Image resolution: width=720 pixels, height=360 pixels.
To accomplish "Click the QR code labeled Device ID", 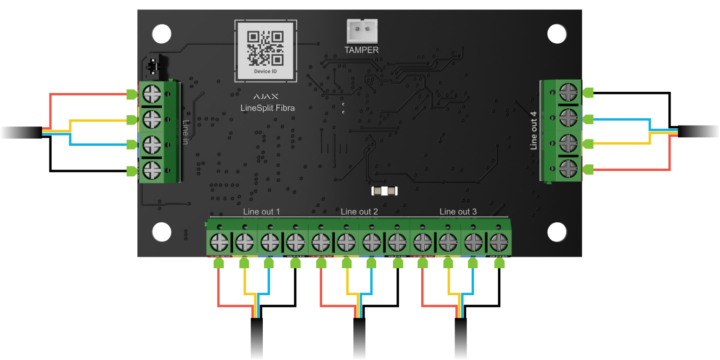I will coord(265,48).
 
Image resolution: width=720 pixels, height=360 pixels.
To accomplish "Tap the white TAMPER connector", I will coord(362,31).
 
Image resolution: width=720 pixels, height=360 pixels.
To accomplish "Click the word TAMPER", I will coord(361,50).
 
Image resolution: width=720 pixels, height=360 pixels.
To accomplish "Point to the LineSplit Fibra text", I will coord(267,108).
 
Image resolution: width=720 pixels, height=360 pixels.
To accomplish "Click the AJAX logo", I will coord(266,96).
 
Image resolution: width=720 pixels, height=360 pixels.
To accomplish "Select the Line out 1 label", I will coord(261,211).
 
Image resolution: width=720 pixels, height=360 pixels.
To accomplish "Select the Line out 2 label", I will coord(359,211).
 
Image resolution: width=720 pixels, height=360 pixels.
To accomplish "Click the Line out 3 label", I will coord(458,211).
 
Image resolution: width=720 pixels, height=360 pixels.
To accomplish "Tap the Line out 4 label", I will coord(534,130).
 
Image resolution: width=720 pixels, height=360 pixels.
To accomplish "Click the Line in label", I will coord(185,132).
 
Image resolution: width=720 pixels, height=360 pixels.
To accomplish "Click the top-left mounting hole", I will coord(162,34).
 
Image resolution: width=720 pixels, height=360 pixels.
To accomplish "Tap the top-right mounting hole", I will coord(557,34).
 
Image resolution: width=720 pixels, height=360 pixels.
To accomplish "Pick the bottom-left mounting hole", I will coord(162,232).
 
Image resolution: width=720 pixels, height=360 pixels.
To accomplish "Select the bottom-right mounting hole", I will coord(557,232).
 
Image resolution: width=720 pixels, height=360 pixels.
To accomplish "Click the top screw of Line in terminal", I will coord(152,94).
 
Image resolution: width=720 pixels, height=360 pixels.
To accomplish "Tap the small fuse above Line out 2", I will coord(384,191).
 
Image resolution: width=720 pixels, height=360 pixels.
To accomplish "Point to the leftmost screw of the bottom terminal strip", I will coord(219,243).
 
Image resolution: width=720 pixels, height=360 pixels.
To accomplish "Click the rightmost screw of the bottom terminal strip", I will coord(499,243).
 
